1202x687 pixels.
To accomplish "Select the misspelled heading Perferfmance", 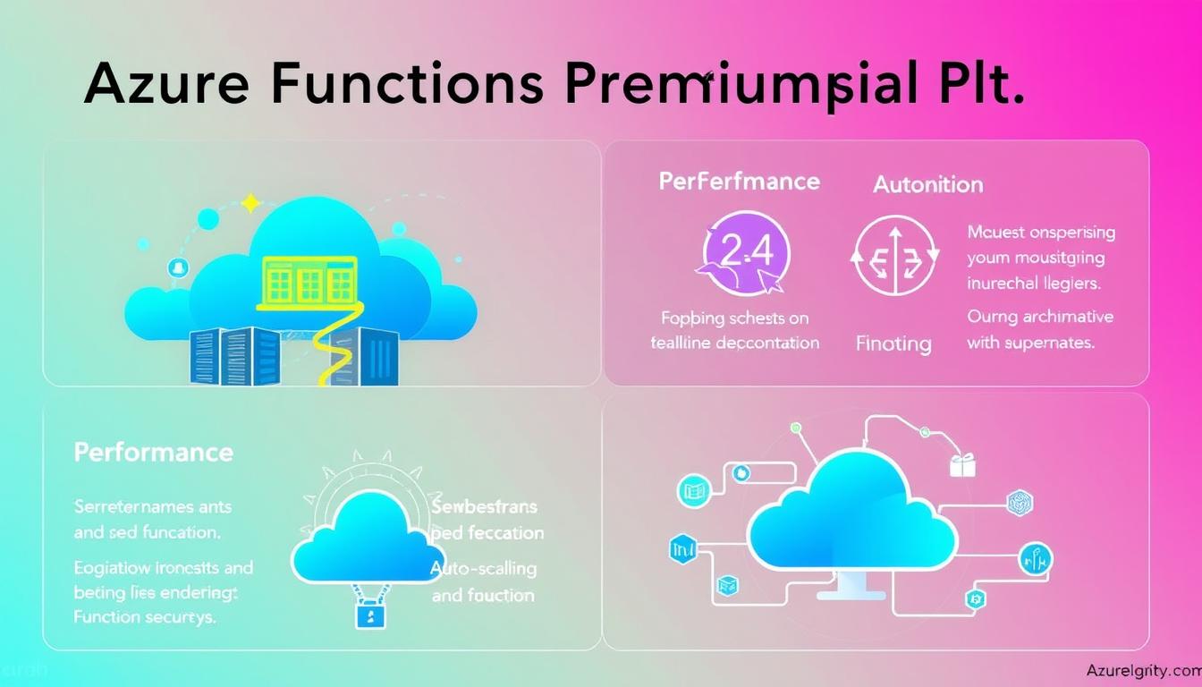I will pos(739,182).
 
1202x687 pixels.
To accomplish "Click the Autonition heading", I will pos(927,185).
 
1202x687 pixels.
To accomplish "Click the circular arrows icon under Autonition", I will pos(893,255).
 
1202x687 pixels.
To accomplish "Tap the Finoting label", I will pos(893,343).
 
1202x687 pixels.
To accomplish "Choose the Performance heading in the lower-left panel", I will pos(153,453).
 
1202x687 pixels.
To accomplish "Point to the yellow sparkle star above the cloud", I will pos(251,204).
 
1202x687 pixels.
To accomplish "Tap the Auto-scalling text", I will pos(483,568).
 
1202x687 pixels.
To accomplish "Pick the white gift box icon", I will pos(962,464).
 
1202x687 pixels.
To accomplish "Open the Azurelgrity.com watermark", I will pos(1142,670).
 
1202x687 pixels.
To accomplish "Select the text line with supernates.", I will pos(1030,343).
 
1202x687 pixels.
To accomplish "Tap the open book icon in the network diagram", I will pos(695,488).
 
